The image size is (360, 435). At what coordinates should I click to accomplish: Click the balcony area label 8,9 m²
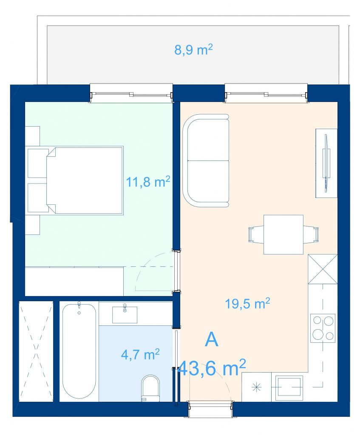click(x=193, y=50)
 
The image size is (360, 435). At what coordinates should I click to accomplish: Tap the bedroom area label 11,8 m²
click(x=148, y=182)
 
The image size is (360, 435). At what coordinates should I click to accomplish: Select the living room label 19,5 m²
click(x=247, y=303)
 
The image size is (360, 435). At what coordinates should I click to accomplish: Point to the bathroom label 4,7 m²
click(x=140, y=354)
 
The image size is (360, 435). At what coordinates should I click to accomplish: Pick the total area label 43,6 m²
click(x=212, y=367)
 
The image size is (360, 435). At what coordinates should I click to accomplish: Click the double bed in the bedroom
click(x=76, y=181)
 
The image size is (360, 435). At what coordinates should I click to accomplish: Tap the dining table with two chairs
click(x=283, y=234)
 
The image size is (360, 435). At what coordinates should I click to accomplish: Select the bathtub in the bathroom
click(x=79, y=351)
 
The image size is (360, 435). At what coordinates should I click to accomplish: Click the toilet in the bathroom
click(x=150, y=388)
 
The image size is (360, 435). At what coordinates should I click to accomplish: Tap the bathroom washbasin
click(x=125, y=315)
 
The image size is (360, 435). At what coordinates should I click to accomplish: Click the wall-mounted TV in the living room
click(x=326, y=163)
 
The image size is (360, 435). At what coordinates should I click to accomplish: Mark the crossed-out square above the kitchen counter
click(x=323, y=269)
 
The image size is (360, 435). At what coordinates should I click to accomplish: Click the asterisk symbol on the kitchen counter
click(x=256, y=387)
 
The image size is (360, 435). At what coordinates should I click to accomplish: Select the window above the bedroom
click(x=131, y=94)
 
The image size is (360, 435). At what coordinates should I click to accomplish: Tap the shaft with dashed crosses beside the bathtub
click(x=36, y=351)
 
